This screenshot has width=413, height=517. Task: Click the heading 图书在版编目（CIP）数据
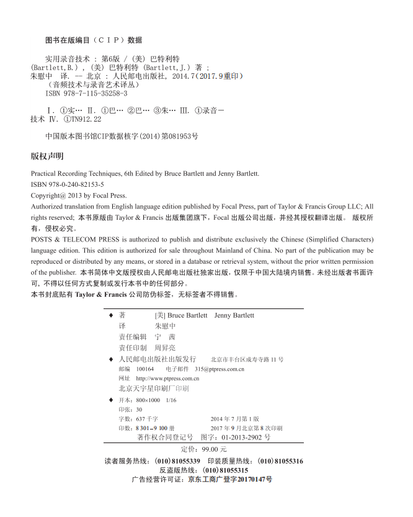[94, 40]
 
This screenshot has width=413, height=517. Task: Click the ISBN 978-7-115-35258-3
[94, 94]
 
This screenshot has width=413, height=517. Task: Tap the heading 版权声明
[47, 156]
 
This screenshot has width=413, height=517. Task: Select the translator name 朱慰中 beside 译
[165, 326]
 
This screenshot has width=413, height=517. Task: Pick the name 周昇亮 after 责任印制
[165, 348]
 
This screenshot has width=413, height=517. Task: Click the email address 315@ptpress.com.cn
[220, 369]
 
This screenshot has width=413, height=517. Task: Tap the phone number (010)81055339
[177, 461]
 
